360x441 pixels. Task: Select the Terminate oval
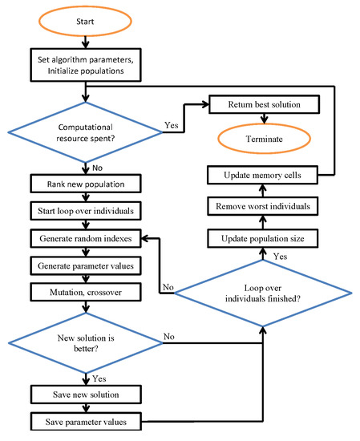pos(264,137)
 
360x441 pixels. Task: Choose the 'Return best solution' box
pos(264,105)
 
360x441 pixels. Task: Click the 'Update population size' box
pos(264,238)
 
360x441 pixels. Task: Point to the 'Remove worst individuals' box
pos(264,206)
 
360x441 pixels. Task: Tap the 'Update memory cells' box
pos(264,174)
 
